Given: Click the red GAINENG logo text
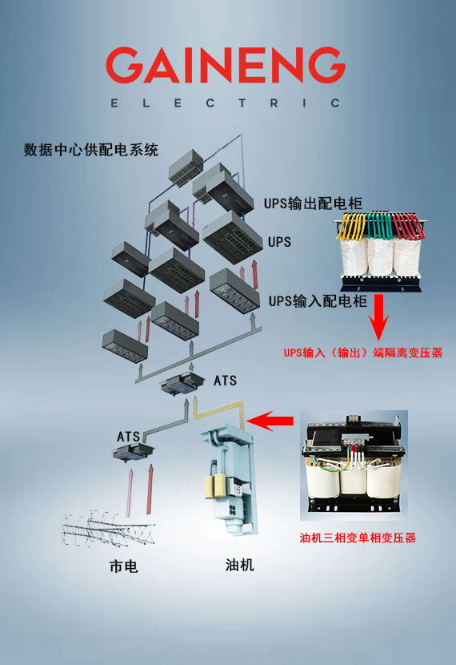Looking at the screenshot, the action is [x=226, y=65].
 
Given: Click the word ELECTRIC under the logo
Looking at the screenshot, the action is [x=226, y=103].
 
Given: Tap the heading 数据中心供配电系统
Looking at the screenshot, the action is [x=91, y=150].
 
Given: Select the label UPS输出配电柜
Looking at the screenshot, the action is [x=314, y=204].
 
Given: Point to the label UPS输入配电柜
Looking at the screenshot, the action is [x=318, y=301].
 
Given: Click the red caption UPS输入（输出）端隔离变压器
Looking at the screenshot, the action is [x=363, y=353].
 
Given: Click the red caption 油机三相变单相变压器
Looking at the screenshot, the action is [x=358, y=538].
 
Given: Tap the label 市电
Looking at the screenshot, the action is [x=124, y=566].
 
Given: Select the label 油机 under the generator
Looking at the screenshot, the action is [x=240, y=565].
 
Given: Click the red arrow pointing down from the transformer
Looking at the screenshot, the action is [x=378, y=316].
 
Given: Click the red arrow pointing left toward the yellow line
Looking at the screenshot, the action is [x=270, y=421].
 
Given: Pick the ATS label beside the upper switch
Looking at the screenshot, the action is [x=225, y=381].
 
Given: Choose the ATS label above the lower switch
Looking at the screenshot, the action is [x=128, y=437].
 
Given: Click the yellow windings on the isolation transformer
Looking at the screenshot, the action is [x=351, y=226].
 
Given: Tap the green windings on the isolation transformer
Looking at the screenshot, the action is [x=379, y=225].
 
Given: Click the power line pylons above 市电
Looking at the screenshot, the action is [x=108, y=528].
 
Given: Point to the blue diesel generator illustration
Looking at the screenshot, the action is [x=229, y=479].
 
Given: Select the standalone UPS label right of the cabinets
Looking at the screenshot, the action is [x=279, y=242].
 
